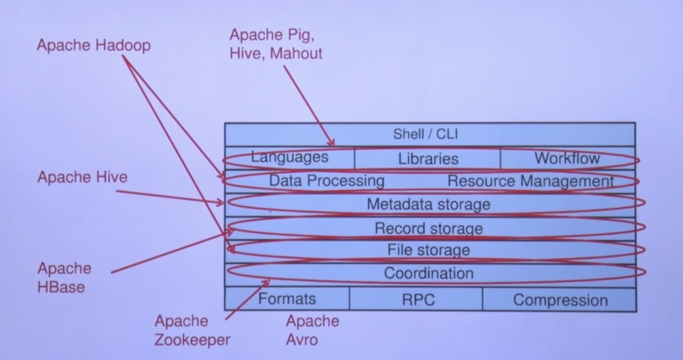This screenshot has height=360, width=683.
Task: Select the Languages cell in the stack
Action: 290,157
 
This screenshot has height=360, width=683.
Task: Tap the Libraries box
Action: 428,158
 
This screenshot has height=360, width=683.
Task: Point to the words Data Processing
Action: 326,181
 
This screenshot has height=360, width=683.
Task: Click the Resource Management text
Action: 530,181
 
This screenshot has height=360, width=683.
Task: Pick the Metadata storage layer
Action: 428,204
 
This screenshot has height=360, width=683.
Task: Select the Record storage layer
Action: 428,228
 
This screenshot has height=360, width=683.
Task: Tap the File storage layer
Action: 428,250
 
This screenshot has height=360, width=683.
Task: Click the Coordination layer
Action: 428,273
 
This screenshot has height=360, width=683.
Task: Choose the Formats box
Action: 287,299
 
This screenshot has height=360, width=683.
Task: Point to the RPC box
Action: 418,301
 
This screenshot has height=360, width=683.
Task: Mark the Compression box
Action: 560,301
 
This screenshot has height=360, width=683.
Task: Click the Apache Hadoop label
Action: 94,45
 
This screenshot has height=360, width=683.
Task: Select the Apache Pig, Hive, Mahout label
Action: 276,44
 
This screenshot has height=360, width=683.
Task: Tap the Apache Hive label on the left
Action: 82,177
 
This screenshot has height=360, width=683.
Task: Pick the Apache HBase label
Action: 64,277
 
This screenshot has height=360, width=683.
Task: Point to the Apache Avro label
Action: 312,330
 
